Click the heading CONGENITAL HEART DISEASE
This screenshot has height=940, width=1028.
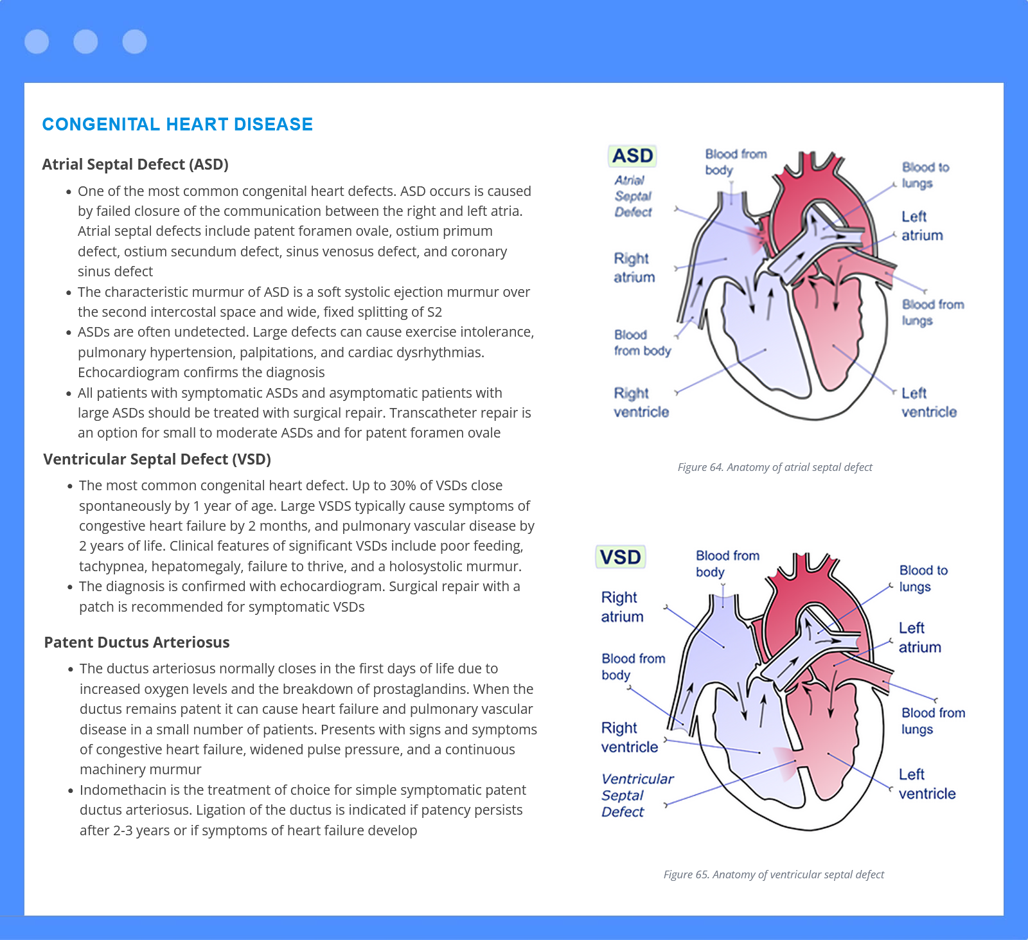[x=177, y=124]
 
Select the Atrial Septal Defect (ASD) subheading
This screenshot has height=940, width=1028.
[x=136, y=164]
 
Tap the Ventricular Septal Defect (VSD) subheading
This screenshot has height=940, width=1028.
[x=157, y=459]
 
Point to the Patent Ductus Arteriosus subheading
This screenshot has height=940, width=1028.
[x=137, y=643]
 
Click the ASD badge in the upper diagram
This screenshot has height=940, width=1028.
[x=632, y=155]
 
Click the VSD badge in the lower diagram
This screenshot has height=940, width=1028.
[x=620, y=556]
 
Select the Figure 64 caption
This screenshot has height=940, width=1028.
[x=775, y=467]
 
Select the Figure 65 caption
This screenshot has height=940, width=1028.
[x=774, y=874]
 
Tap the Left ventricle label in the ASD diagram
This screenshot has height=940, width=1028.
[x=929, y=402]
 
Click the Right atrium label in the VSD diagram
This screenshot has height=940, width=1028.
[x=622, y=607]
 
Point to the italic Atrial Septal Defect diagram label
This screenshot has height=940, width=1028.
[x=633, y=196]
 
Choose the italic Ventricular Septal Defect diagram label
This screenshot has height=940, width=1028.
[x=637, y=795]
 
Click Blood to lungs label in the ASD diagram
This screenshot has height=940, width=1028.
[x=925, y=175]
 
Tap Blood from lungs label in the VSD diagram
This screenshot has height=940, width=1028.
[x=933, y=721]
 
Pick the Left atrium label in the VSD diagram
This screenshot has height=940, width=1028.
[x=919, y=637]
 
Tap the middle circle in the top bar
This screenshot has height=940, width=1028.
[x=85, y=42]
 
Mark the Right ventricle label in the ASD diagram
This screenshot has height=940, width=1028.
[x=641, y=402]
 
